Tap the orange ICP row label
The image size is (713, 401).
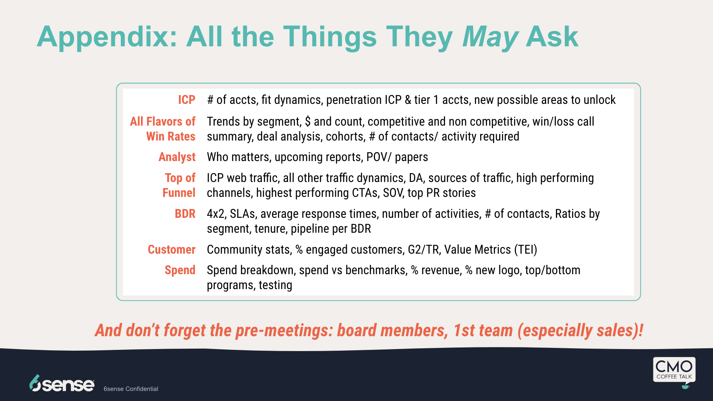click(187, 100)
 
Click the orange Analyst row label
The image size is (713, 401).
click(177, 157)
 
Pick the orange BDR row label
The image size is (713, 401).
click(185, 214)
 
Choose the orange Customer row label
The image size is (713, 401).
click(172, 250)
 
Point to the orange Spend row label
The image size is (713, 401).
click(180, 271)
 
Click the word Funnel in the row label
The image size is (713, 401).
click(179, 193)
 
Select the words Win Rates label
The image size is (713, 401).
click(171, 136)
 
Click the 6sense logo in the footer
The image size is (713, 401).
click(62, 383)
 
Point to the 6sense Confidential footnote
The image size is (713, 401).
click(131, 389)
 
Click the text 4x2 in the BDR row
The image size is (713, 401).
click(216, 214)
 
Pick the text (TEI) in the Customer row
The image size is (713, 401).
click(526, 250)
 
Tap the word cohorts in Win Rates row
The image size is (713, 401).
click(344, 137)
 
